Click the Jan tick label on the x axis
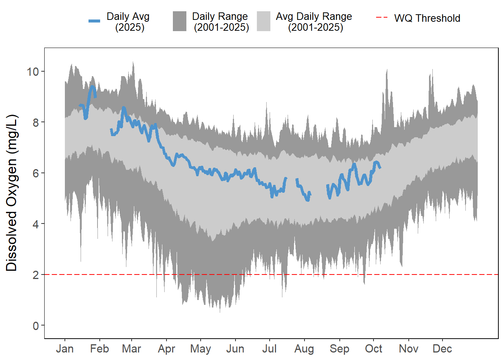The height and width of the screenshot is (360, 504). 64,349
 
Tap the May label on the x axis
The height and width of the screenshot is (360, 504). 200,349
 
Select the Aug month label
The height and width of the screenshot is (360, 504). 304,349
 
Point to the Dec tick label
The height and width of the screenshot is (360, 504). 442,349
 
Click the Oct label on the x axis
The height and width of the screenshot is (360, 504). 373,349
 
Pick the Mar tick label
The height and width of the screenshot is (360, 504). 131,349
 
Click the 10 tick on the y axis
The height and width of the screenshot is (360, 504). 33,72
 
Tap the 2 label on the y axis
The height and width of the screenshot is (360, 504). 36,275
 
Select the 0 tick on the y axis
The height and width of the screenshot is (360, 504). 36,326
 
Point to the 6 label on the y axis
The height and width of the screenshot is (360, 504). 36,173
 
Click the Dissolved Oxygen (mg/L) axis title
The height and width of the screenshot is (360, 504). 12,193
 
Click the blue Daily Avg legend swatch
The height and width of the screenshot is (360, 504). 94,21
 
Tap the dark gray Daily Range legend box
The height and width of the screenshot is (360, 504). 180,21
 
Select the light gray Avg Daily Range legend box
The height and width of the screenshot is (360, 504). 264,21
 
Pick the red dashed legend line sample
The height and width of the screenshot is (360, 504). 382,18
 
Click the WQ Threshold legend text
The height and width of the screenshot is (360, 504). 427,18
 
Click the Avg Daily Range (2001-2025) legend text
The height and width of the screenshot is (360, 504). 314,22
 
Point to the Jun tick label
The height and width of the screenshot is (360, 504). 235,349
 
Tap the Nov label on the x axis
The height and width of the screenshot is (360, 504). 408,349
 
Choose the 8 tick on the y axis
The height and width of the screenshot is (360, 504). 36,123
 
